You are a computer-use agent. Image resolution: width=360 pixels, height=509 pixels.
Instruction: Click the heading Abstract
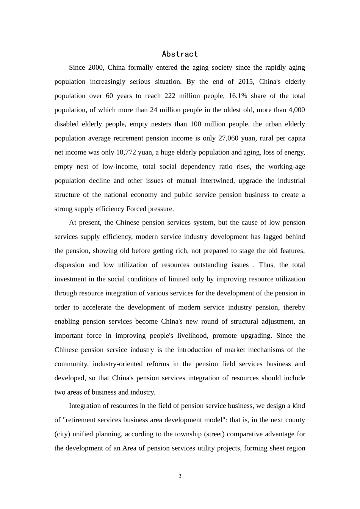click(180, 54)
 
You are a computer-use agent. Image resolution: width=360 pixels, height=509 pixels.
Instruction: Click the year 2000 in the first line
click(95, 68)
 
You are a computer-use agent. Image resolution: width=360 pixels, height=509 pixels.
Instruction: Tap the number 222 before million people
click(170, 96)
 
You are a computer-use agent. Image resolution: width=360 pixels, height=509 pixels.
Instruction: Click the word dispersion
click(69, 265)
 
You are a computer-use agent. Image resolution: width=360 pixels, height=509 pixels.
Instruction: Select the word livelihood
click(192, 336)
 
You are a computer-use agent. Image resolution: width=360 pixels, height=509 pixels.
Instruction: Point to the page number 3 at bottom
click(180, 476)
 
